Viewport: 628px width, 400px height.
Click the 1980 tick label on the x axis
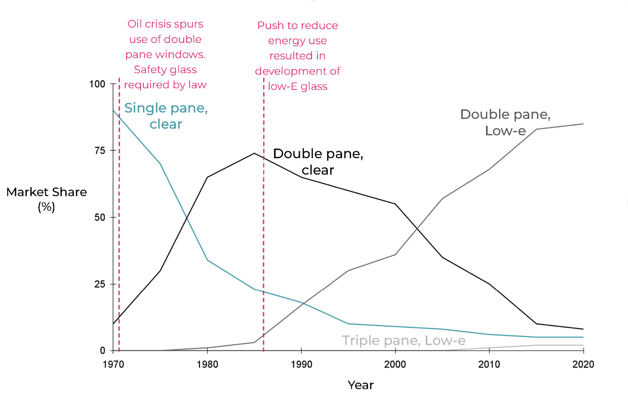coord(207,364)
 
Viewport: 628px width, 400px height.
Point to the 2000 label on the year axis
coord(395,364)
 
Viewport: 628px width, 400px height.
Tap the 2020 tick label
coord(583,364)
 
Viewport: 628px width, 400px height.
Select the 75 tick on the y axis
coord(100,151)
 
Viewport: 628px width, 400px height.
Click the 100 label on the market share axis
coord(97,84)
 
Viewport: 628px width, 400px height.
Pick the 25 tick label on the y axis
coord(100,284)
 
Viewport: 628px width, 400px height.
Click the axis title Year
coord(361,385)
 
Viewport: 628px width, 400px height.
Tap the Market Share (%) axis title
coord(47,199)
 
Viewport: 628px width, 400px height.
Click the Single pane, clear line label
coord(166,116)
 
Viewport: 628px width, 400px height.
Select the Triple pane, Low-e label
coord(404,341)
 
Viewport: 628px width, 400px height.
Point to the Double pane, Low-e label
coord(505,122)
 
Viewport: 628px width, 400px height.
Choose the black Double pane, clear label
coord(318,162)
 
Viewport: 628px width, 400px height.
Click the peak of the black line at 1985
coord(255,153)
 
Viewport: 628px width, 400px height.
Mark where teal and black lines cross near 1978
coord(187,218)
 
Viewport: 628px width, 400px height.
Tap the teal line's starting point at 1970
coord(113,111)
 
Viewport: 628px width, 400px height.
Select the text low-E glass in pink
coord(298,86)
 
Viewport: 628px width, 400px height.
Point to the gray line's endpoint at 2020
coord(583,124)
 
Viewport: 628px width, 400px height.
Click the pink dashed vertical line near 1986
coord(264,234)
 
